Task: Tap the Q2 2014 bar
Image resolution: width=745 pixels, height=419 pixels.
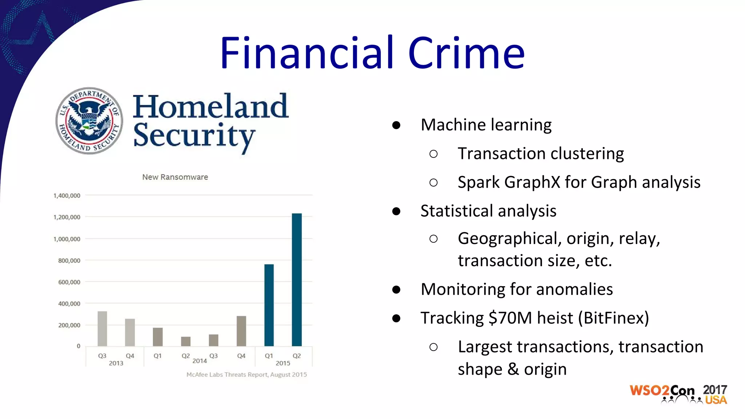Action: click(186, 341)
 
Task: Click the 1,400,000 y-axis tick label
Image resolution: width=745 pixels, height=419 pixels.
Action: click(67, 196)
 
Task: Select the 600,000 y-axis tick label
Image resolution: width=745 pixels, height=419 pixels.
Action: click(69, 282)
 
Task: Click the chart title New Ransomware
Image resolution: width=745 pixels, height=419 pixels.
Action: click(175, 177)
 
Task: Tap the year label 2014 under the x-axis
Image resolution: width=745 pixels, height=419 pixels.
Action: click(199, 361)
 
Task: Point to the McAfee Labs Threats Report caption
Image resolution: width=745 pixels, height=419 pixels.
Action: click(247, 375)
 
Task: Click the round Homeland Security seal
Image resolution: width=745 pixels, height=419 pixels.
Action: click(89, 120)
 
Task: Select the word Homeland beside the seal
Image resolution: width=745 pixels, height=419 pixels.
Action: click(210, 106)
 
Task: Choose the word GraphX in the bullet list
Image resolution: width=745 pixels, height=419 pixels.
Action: click(532, 182)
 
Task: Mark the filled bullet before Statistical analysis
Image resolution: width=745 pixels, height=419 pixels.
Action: click(396, 211)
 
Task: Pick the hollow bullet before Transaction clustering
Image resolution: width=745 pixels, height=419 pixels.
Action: click(433, 154)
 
